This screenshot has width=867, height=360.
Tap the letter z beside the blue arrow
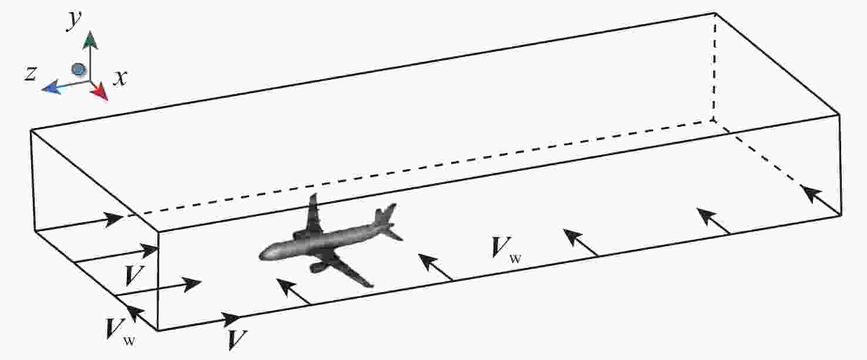[x=32, y=73]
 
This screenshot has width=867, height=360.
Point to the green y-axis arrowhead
[x=90, y=41]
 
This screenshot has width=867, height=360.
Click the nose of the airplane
[x=262, y=254]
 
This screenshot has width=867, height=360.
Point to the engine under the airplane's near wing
[x=320, y=268]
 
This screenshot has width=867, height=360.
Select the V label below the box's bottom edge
[x=237, y=340]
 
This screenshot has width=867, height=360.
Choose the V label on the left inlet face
[x=136, y=274]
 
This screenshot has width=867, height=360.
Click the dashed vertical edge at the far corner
[x=714, y=65]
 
